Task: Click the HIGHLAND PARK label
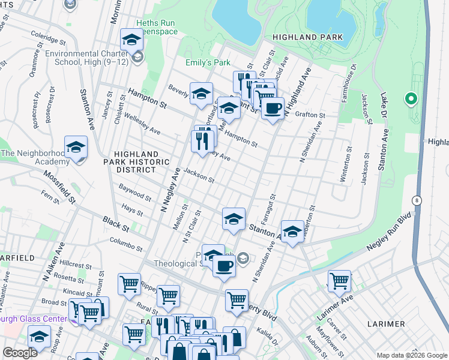tap(307, 37)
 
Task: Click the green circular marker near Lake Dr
tap(411, 98)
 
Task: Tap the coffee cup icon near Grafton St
tap(273, 109)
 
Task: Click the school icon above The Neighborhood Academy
tap(76, 146)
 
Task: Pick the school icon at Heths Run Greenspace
tap(131, 40)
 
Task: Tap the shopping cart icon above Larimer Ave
tap(339, 280)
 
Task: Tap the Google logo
tap(20, 353)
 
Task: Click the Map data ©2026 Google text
tap(411, 355)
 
